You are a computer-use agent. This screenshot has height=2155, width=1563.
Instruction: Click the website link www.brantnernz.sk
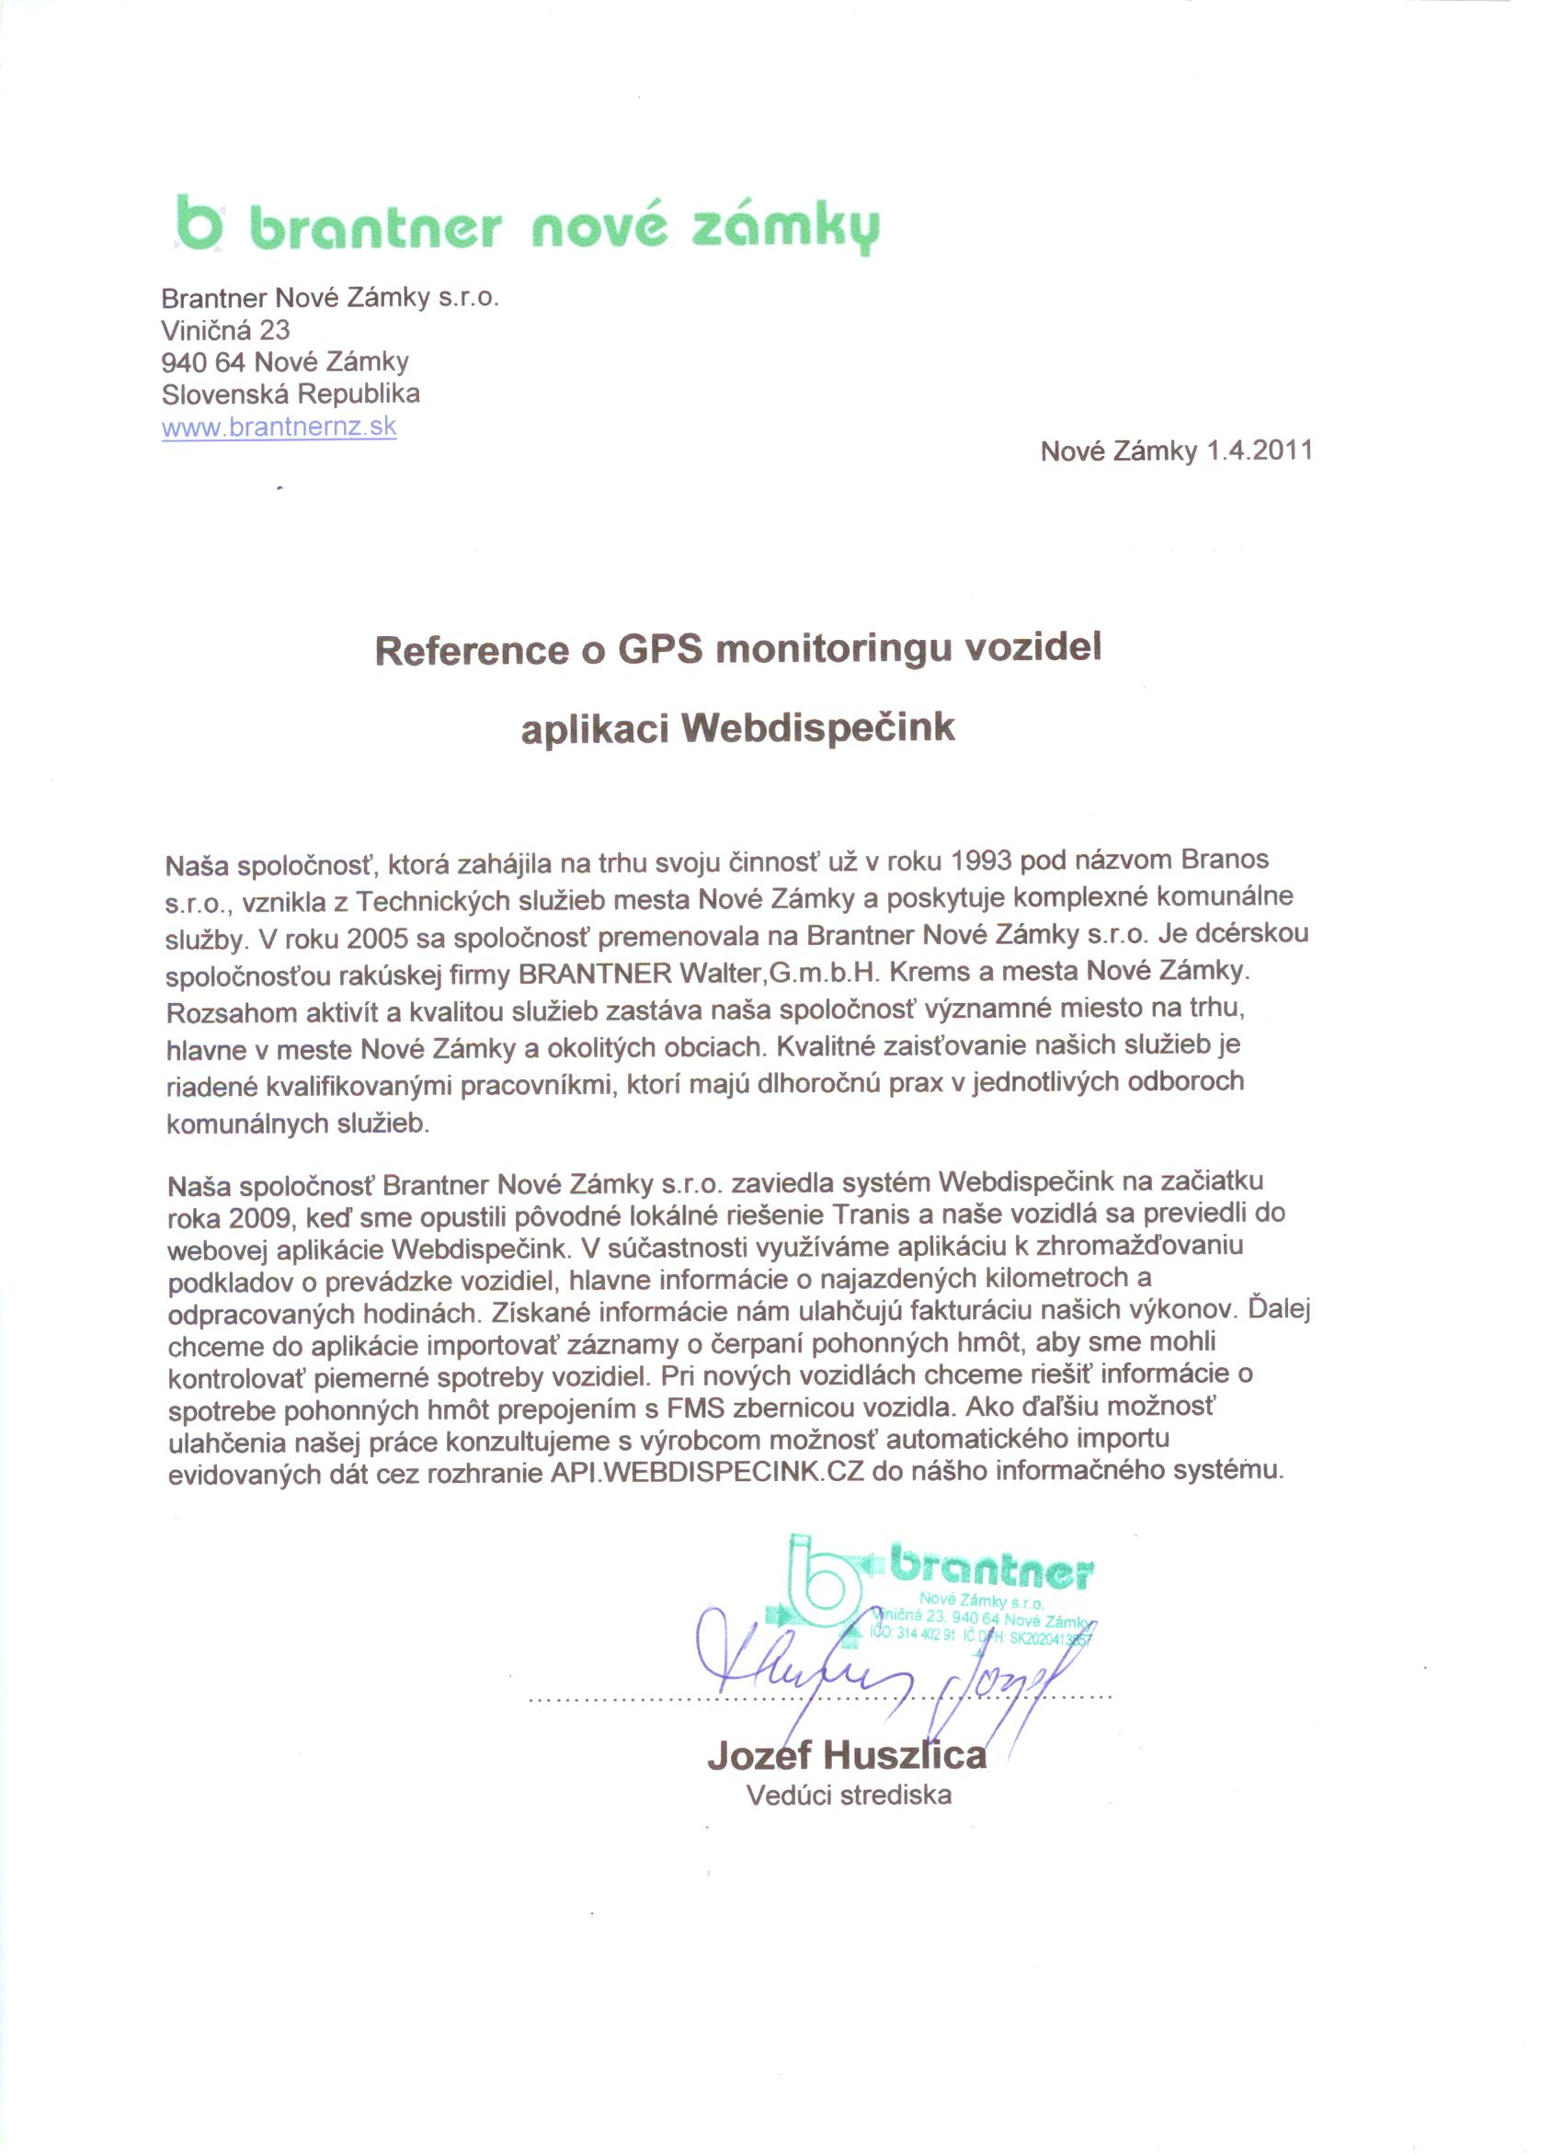[279, 426]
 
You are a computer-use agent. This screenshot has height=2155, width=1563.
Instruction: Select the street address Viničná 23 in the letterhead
[225, 330]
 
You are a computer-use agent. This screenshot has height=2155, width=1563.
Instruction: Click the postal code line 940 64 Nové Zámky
[285, 362]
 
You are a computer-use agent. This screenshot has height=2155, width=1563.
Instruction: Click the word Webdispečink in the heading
[817, 728]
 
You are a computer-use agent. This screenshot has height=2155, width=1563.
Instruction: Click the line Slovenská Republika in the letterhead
[291, 393]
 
